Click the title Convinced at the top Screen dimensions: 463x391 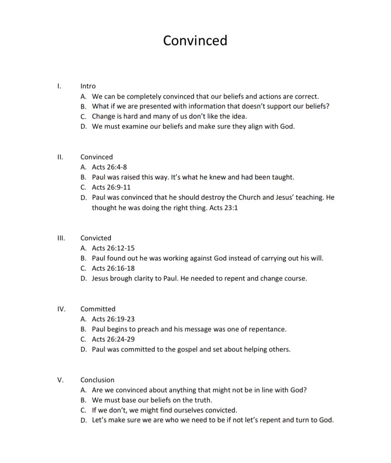(x=195, y=41)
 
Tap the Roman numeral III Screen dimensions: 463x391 (x=61, y=238)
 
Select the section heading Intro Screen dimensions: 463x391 (x=88, y=86)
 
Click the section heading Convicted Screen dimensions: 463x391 (x=95, y=238)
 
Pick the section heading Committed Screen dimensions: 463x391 (x=98, y=309)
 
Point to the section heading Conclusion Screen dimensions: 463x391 (x=97, y=380)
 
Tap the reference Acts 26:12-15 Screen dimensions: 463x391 (x=113, y=248)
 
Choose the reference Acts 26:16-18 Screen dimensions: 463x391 (x=113, y=268)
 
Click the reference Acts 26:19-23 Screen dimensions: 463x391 (x=113, y=319)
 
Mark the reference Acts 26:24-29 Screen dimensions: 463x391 (x=113, y=339)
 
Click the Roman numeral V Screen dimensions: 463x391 (x=61, y=380)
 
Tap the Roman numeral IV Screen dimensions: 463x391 (x=62, y=309)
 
